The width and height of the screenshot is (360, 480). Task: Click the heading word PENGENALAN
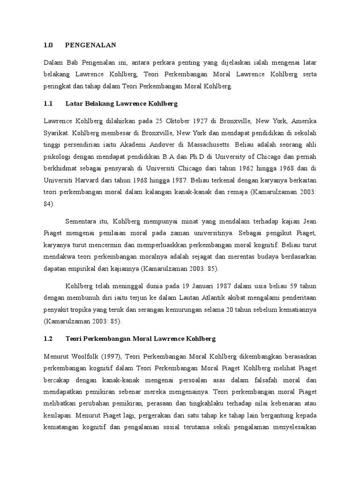coord(90,45)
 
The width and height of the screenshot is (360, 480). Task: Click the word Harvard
coord(87,180)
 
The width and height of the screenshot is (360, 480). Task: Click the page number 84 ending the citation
coord(48,204)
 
